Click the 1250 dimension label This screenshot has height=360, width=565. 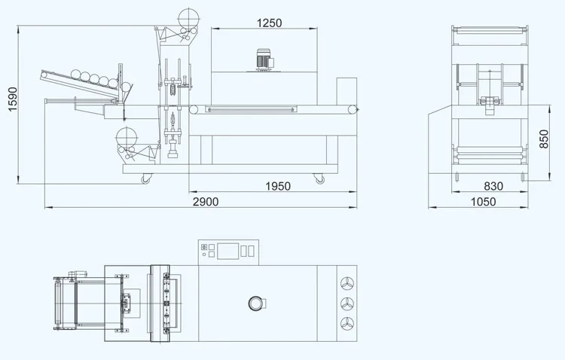pos(268,23)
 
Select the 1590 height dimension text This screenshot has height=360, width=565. pos(10,99)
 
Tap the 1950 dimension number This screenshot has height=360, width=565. pos(277,187)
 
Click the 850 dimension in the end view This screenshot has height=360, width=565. pos(545,139)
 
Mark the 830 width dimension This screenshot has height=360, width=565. pos(493,187)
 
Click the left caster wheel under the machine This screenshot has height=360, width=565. pos(142,178)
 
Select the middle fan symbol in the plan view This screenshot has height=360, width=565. pos(347,304)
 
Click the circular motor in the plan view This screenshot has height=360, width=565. pos(256,304)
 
